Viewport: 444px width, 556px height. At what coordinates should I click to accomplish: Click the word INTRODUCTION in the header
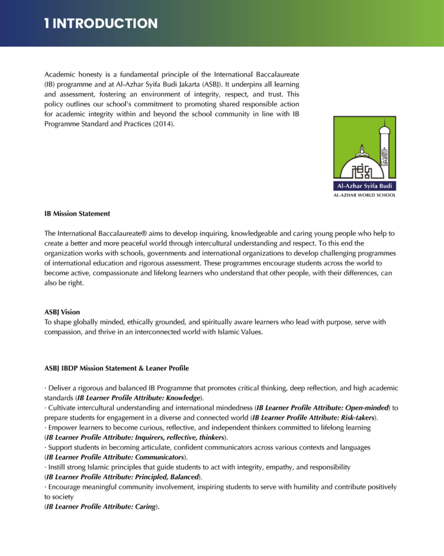tap(106, 23)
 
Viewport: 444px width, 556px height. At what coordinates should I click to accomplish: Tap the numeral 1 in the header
tap(47, 23)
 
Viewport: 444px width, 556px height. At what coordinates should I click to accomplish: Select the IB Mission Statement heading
tap(77, 213)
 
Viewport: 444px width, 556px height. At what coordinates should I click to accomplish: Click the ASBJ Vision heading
tap(62, 312)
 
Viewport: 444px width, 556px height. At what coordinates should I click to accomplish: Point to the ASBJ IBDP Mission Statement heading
tap(117, 369)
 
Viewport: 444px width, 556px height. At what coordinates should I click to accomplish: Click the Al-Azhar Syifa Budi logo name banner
tap(364, 186)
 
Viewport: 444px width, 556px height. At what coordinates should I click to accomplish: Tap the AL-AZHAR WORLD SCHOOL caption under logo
tap(364, 195)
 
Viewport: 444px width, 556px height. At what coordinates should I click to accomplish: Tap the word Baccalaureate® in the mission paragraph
tap(126, 233)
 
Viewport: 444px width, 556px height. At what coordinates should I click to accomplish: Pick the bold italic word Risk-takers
tap(356, 418)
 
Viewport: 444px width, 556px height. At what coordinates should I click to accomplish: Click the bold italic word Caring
tap(143, 507)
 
